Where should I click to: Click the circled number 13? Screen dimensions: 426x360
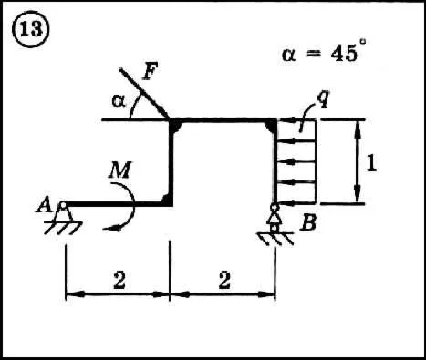click(x=30, y=30)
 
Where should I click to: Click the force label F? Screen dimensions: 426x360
click(x=151, y=72)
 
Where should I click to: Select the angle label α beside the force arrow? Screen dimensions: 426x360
click(x=119, y=100)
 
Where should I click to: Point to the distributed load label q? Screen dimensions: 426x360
click(x=323, y=98)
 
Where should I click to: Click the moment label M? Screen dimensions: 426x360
click(x=120, y=170)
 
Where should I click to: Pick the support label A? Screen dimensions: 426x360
click(x=45, y=204)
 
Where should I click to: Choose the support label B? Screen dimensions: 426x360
click(x=307, y=222)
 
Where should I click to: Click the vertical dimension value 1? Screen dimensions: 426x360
click(x=371, y=164)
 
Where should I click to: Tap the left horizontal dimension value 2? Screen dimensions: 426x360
click(x=119, y=280)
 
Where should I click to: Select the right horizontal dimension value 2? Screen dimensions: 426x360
click(x=224, y=280)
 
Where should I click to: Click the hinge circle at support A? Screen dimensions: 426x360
click(x=63, y=205)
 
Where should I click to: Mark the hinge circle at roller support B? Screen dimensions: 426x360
click(x=275, y=208)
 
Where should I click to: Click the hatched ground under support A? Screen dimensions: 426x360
click(x=63, y=228)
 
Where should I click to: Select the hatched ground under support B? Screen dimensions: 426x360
click(x=275, y=239)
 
